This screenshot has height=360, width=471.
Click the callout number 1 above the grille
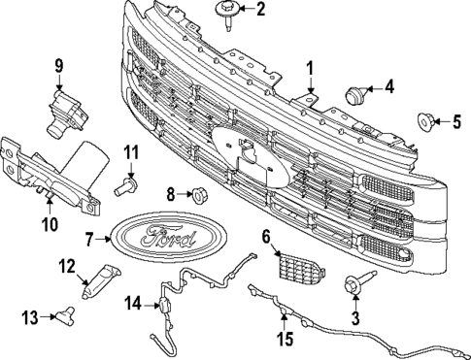click(x=310, y=69)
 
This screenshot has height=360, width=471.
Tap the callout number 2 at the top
click(x=259, y=11)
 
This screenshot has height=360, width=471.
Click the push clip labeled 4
click(x=355, y=93)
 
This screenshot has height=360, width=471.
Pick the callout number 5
click(x=456, y=121)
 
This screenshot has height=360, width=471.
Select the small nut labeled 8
click(x=197, y=194)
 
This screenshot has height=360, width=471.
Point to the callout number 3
click(x=355, y=317)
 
